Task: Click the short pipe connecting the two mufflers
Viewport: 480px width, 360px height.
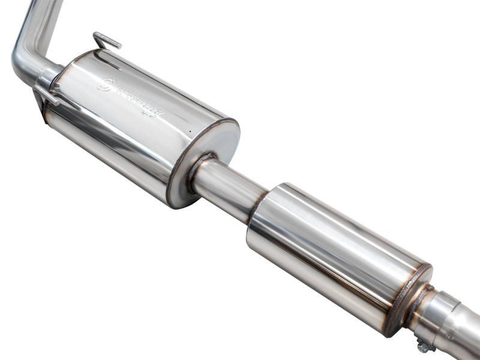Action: click(x=231, y=189)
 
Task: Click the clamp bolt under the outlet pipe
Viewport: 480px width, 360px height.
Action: click(x=424, y=346)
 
